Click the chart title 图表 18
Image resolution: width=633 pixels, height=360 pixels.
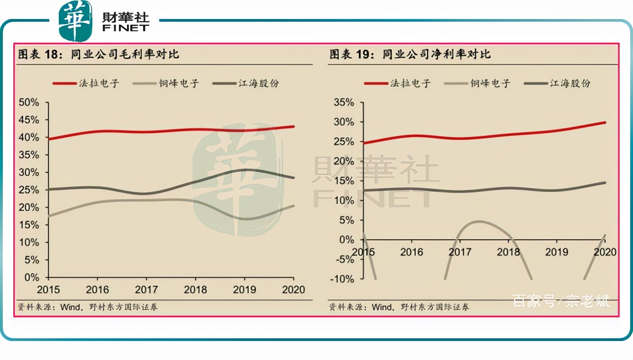[99, 54]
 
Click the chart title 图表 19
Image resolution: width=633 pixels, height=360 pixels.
[410, 54]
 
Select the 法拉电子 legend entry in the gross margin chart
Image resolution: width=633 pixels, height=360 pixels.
[85, 83]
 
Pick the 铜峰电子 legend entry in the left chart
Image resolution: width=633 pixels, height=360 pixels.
[165, 83]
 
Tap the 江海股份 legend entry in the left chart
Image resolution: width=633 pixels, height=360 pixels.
[246, 83]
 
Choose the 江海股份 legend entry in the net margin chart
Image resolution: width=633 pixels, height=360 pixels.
[557, 83]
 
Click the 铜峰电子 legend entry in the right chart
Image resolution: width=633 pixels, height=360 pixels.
[477, 83]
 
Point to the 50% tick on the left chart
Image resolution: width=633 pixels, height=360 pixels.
[29, 102]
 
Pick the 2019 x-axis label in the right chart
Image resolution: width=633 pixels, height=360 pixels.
[556, 252]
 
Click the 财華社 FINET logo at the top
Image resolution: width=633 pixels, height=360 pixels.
[104, 21]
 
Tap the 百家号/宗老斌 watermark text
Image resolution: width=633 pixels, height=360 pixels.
[561, 301]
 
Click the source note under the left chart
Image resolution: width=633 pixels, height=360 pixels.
[88, 307]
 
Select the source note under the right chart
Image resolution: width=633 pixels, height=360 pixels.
[399, 307]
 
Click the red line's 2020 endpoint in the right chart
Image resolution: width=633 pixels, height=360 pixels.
[605, 123]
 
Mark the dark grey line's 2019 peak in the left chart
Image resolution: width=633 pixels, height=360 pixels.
[244, 170]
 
